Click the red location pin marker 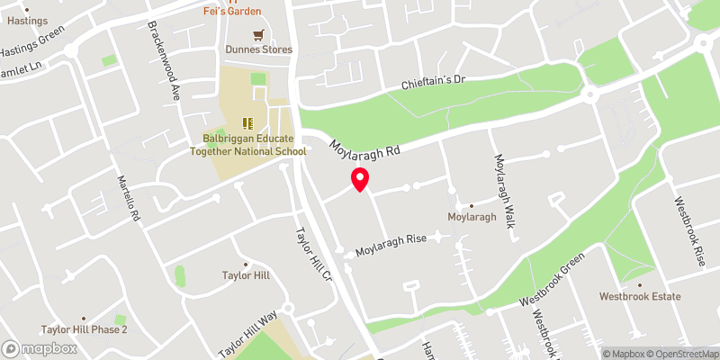tap(360, 178)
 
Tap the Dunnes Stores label tap(265, 49)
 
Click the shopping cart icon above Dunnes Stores tap(259, 35)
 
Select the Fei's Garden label tap(230, 11)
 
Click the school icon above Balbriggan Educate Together tap(247, 123)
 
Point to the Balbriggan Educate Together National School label tap(254, 145)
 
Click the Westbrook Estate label tap(640, 296)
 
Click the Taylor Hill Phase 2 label tap(84, 329)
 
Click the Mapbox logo tap(40, 348)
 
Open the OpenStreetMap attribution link tap(682, 354)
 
